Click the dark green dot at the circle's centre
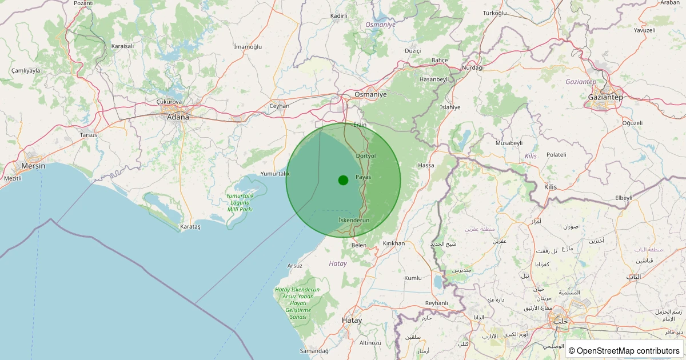(x=343, y=180)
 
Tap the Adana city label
(x=177, y=117)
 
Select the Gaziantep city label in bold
(x=605, y=97)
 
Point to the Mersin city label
(x=33, y=166)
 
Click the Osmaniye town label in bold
(x=370, y=94)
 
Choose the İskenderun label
(x=354, y=220)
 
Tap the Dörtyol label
(x=365, y=155)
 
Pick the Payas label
(x=364, y=177)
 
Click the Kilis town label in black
(x=550, y=187)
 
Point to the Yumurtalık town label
(x=275, y=174)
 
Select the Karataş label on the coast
(x=190, y=227)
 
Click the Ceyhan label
(x=280, y=106)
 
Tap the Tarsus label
(x=89, y=135)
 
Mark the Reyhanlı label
(x=437, y=303)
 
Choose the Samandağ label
(x=314, y=350)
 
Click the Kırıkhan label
(x=393, y=243)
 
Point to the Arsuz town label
(x=295, y=266)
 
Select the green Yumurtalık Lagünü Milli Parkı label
(x=240, y=203)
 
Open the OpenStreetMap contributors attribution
(x=624, y=350)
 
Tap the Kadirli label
(x=338, y=15)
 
